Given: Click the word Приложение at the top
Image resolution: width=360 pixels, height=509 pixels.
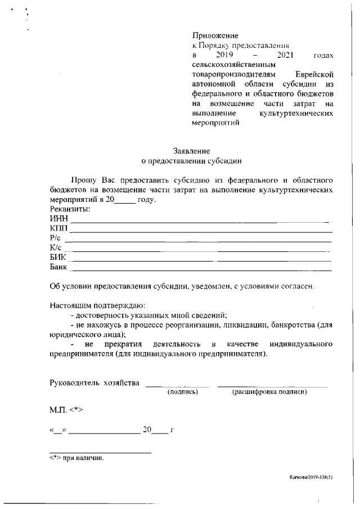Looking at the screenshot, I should [215, 37].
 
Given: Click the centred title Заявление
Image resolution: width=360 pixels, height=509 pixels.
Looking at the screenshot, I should [191, 151].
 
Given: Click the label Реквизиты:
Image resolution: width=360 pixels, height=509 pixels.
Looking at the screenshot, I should [70, 209].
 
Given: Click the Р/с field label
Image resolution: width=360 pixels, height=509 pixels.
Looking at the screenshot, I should [55, 238].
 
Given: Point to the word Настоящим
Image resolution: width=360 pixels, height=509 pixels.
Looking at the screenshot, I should [73, 306].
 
